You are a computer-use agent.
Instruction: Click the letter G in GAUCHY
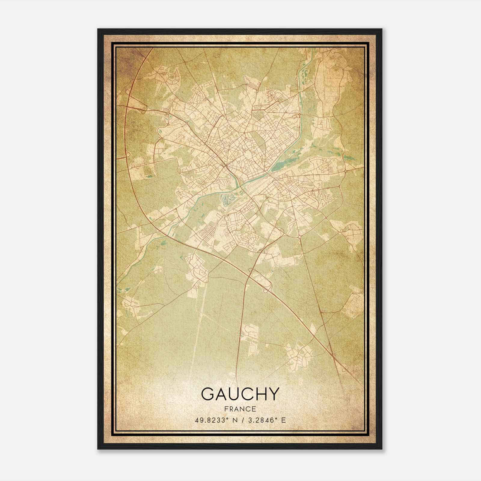tap(208, 394)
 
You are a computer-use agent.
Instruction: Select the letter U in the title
tap(237, 394)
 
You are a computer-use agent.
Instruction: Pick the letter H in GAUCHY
tap(265, 394)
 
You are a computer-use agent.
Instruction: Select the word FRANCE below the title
tap(240, 409)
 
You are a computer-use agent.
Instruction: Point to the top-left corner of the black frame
tap(98, 29)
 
